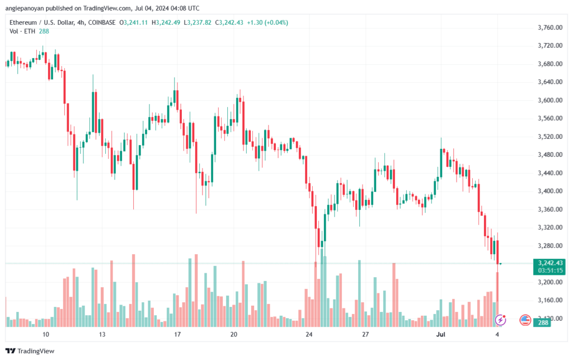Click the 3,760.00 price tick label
coord(550,27)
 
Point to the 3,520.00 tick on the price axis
coord(550,137)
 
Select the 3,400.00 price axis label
coord(550,191)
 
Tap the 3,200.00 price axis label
coord(550,282)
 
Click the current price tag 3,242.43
coord(551,263)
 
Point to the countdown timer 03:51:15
coord(551,270)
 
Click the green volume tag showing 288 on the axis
coord(543,322)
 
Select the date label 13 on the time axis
coord(102,334)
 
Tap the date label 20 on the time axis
coord(234,334)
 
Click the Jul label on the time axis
coord(441,334)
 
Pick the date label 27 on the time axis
coord(365,334)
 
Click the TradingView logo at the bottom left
coord(30,351)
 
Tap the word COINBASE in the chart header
coord(102,22)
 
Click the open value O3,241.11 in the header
coord(134,22)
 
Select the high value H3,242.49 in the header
coord(166,22)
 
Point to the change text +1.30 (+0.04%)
coord(267,22)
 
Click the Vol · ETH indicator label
coord(22,31)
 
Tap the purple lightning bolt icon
coord(500,320)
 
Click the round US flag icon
coord(525,320)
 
